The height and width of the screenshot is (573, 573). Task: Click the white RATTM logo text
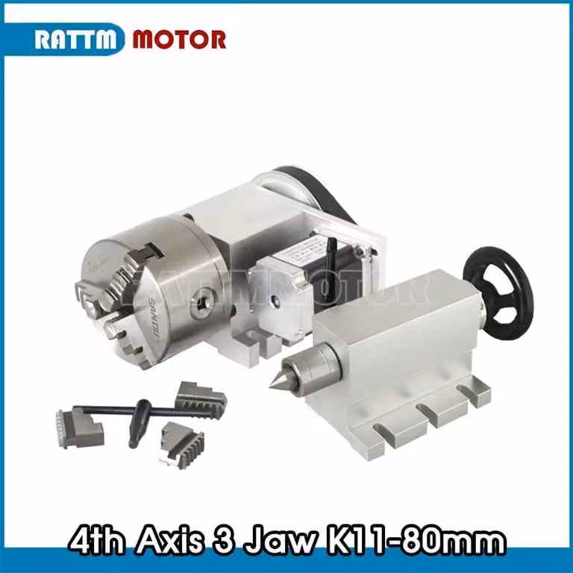pyautogui.click(x=75, y=39)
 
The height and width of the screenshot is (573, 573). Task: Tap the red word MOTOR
pyautogui.click(x=179, y=39)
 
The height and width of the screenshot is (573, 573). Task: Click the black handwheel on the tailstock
pyautogui.click(x=498, y=293)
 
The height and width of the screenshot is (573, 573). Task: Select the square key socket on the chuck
pyautogui.click(x=201, y=302)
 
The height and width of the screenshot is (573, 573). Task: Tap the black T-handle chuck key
pyautogui.click(x=143, y=416)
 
